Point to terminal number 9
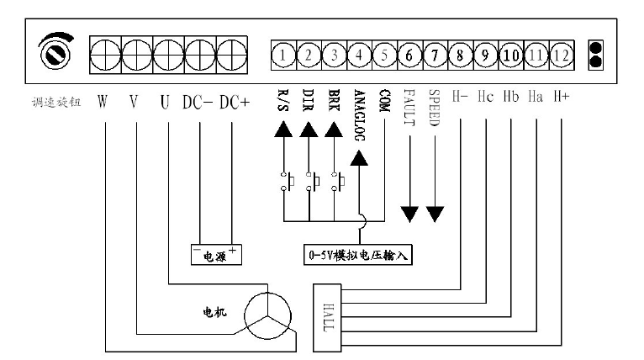click(x=485, y=56)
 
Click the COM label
click(x=384, y=103)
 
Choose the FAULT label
click(x=409, y=108)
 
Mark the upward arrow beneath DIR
click(x=309, y=130)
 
